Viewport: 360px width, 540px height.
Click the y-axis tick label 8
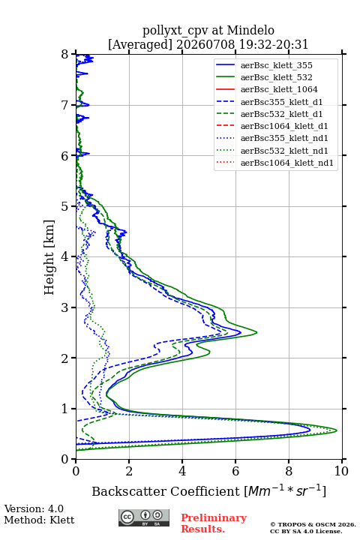click(x=65, y=55)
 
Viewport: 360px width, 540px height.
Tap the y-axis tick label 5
click(x=65, y=206)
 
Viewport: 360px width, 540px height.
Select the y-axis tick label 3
click(x=65, y=307)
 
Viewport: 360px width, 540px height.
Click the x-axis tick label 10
click(x=341, y=471)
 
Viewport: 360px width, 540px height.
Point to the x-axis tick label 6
click(x=235, y=471)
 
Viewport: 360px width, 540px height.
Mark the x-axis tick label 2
click(x=129, y=471)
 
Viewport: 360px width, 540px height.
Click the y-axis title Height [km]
click(x=49, y=257)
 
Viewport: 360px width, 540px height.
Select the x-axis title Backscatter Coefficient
click(x=166, y=491)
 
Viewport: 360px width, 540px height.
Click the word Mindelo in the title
click(x=250, y=30)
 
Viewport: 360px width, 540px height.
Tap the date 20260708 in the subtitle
click(x=205, y=44)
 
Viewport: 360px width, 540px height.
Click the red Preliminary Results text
click(x=214, y=523)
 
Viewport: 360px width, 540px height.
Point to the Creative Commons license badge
click(x=144, y=518)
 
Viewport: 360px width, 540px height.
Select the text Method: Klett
click(x=39, y=520)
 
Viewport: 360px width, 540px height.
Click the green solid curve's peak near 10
click(x=337, y=430)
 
